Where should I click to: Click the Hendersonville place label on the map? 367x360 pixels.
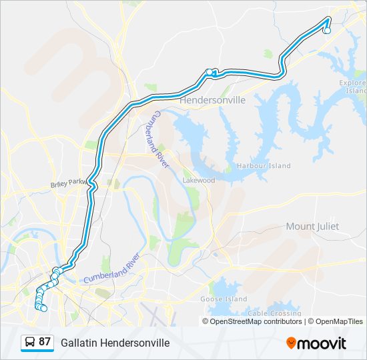[214, 99]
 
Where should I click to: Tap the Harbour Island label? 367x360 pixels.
[264, 165]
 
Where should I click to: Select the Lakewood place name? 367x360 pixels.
[199, 180]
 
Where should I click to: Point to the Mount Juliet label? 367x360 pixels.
[312, 227]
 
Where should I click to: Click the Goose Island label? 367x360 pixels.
[224, 299]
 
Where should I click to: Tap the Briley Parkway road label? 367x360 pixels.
[69, 183]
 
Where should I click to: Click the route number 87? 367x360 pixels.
[45, 342]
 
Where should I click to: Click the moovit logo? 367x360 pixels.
[316, 343]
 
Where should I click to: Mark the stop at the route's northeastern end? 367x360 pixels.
[327, 30]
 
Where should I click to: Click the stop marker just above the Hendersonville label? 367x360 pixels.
[210, 72]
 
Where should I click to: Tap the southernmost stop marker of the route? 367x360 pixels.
[43, 308]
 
